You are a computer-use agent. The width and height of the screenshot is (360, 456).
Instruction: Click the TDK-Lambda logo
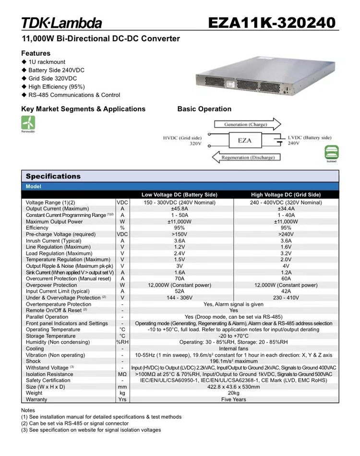(61, 23)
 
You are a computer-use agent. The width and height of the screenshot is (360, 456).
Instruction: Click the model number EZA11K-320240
(272, 23)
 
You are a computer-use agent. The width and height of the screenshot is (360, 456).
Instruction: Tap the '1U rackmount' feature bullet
(47, 62)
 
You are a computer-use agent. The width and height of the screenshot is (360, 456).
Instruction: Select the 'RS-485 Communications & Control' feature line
(74, 95)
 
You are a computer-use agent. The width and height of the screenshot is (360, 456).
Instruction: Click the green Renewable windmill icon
(28, 122)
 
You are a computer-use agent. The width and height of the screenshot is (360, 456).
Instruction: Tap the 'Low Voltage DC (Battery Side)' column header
(180, 194)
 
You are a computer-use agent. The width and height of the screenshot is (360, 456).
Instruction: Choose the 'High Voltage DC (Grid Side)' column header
(286, 194)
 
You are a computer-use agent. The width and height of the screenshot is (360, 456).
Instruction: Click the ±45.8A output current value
(180, 209)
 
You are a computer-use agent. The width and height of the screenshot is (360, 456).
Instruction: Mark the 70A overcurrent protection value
(180, 278)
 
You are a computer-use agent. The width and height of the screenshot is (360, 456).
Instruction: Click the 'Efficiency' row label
(37, 228)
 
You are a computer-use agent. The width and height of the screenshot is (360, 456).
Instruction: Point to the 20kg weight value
(233, 393)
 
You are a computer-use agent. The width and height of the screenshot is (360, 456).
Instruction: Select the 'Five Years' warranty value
(233, 399)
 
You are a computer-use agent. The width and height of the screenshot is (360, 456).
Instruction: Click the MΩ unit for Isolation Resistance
(122, 374)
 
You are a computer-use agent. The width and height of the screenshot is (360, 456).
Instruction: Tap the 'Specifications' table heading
(53, 176)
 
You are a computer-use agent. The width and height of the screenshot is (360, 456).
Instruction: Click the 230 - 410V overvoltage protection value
(286, 298)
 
